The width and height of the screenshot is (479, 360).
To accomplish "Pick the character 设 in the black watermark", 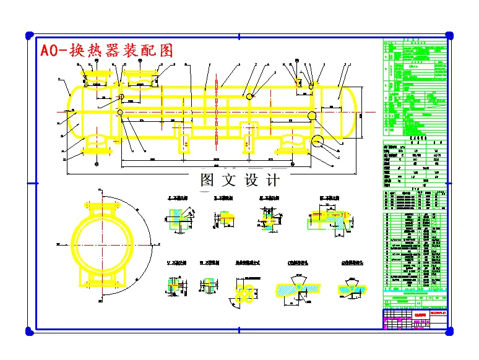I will coord(251,181).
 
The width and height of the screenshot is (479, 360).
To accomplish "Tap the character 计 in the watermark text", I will coord(272,181).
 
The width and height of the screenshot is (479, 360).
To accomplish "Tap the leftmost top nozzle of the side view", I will coord(96,78).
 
